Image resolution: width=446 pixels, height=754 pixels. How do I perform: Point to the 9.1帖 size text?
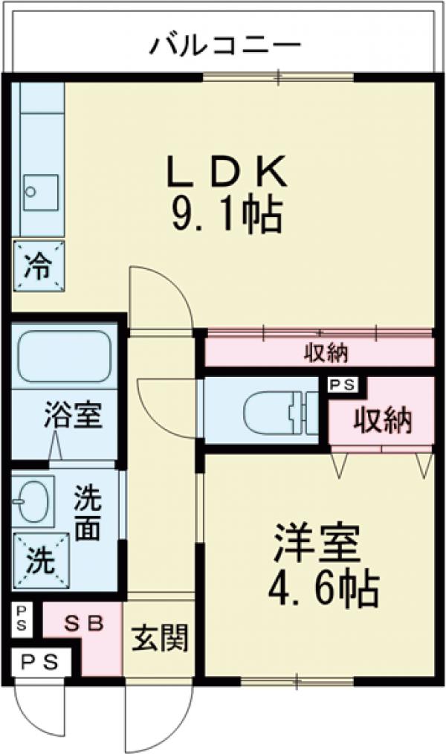227,216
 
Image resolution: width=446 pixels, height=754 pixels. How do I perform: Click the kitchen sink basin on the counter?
40,190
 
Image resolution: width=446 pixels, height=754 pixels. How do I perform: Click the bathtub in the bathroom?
64,357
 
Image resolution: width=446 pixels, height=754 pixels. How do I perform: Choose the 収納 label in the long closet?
326,353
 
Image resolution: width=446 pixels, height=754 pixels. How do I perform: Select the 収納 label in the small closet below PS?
382,421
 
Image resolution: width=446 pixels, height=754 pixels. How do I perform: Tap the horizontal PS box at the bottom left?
40,660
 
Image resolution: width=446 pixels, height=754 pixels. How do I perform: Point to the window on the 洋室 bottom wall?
297,679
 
